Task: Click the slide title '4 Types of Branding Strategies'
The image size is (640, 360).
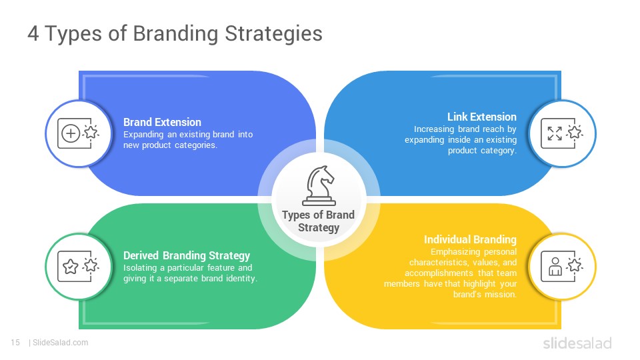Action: tap(175, 33)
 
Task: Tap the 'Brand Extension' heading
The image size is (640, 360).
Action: tap(162, 122)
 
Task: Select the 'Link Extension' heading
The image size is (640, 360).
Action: tap(481, 117)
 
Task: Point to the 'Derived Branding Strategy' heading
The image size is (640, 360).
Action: tap(187, 255)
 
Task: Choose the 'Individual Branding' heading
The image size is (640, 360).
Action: tap(470, 239)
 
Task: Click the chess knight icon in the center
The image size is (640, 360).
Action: tap(319, 186)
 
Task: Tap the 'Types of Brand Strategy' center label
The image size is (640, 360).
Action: tap(319, 221)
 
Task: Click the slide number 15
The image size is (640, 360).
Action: tap(15, 343)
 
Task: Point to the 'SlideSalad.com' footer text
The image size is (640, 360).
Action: tap(61, 343)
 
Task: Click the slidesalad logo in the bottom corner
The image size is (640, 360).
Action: tap(577, 343)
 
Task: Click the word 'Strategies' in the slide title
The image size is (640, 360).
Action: tap(273, 33)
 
